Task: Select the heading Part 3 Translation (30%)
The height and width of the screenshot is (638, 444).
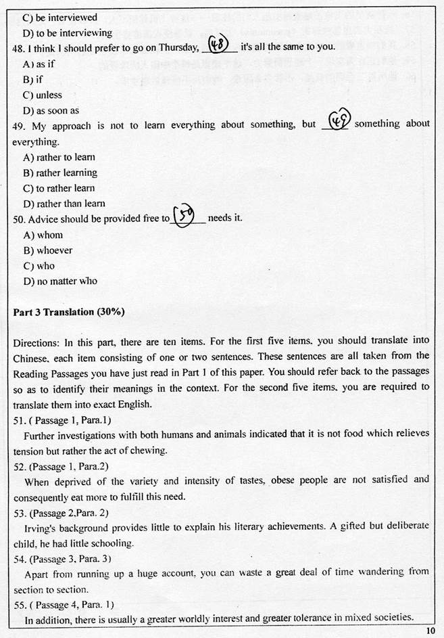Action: coord(69,312)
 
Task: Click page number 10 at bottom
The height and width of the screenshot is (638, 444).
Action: coord(431,631)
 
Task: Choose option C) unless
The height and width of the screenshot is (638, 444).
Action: coord(43,95)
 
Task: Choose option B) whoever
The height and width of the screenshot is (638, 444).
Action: coord(48,250)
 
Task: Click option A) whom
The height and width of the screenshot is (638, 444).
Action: coord(43,235)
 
